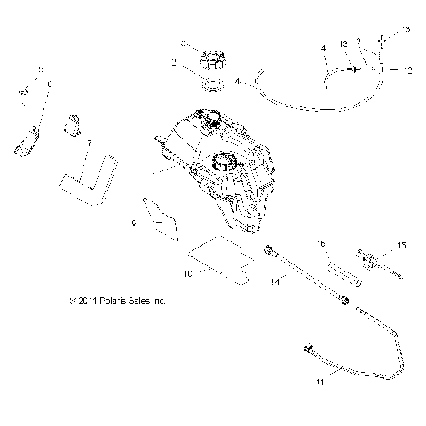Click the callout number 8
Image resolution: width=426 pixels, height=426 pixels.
pos(182,43)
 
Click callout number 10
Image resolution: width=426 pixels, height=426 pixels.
pos(187,275)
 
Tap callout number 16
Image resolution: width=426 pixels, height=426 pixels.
pos(321,242)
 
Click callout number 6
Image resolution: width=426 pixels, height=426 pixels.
pos(49,83)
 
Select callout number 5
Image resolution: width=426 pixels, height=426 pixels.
pos(40,68)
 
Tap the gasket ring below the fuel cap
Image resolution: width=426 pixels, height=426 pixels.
pos(213,85)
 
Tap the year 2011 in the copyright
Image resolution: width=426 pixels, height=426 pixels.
pos(75,301)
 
